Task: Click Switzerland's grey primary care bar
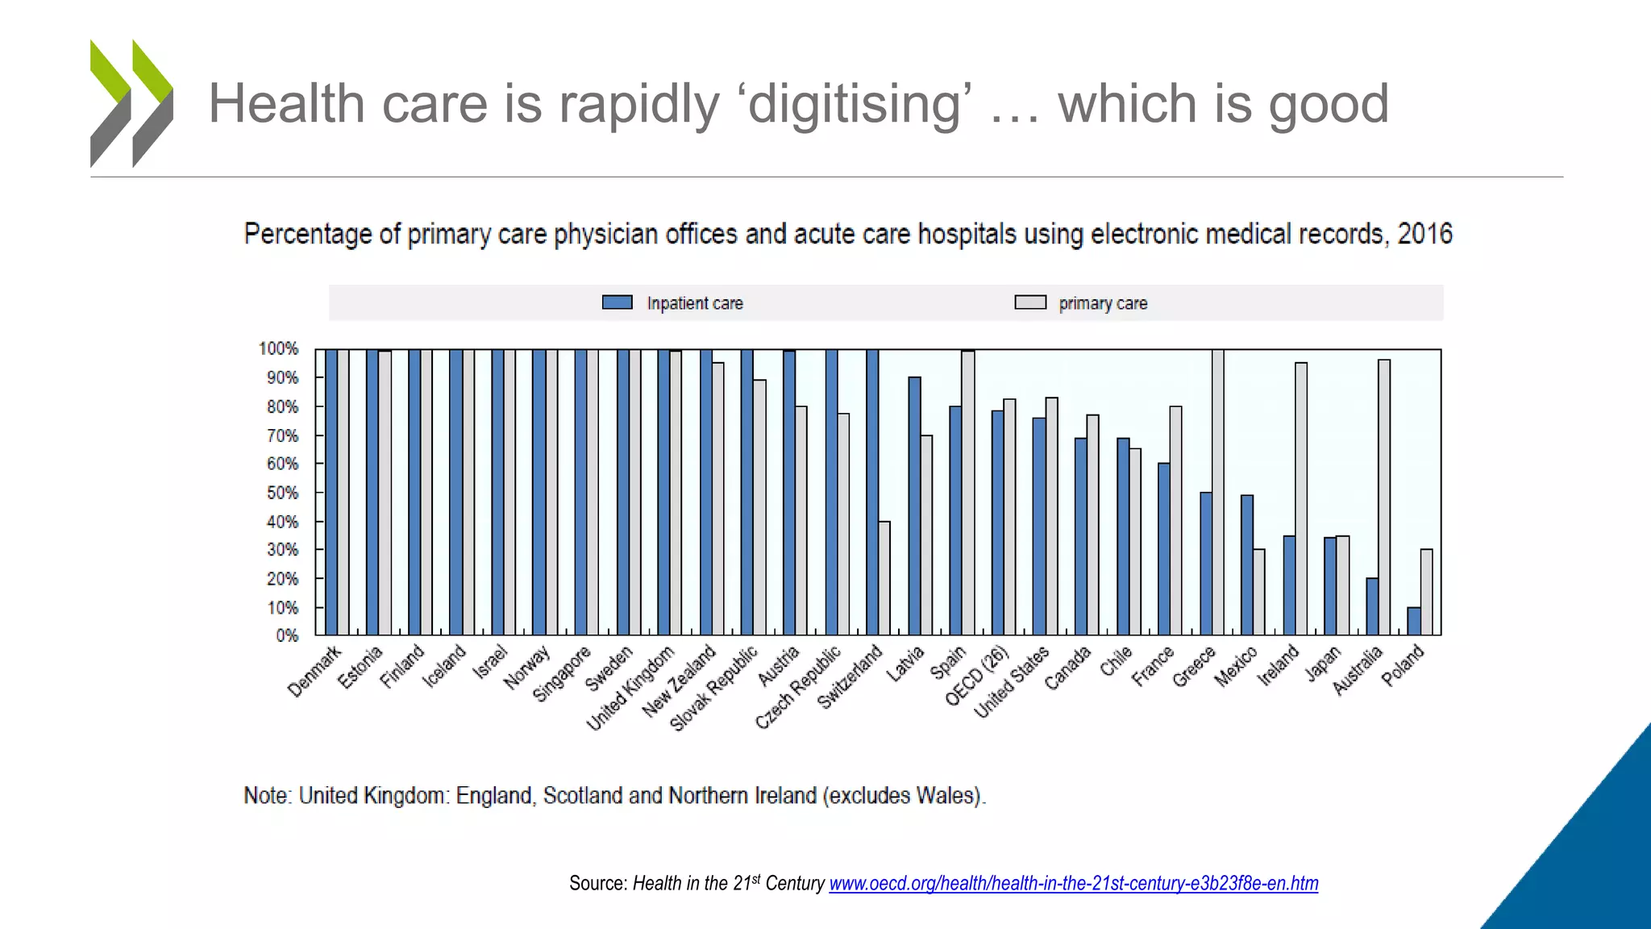884,577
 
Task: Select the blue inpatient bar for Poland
1414,621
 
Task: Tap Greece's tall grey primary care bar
1218,492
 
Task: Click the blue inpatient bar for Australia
1372,606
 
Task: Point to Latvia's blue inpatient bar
914,506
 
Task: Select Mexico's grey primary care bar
1259,592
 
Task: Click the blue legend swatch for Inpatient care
618,302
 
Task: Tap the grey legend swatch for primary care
1030,302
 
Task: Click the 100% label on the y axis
278,348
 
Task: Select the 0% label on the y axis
287,635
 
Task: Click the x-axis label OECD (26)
976,676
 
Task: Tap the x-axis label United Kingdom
630,688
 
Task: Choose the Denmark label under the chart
314,671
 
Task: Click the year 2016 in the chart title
1424,234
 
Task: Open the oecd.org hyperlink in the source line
1073,884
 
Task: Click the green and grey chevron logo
131,103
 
